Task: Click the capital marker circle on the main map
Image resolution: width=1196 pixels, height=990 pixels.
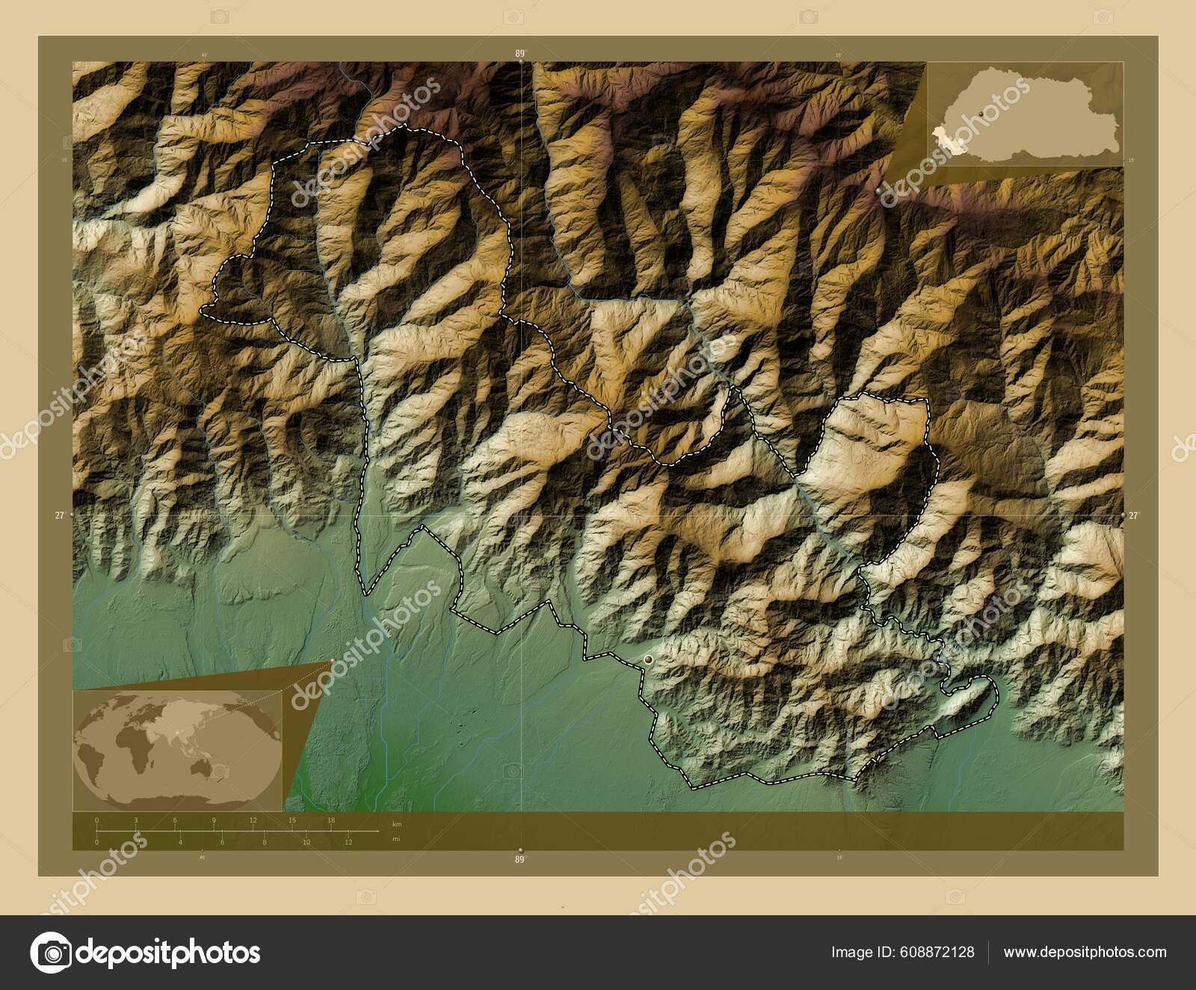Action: click(x=648, y=659)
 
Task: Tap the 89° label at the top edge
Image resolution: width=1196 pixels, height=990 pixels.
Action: click(x=520, y=53)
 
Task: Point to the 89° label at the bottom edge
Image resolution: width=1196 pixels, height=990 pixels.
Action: click(x=520, y=860)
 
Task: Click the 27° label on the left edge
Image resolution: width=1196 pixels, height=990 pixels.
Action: click(x=60, y=515)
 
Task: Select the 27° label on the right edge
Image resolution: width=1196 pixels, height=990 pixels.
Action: click(x=1133, y=515)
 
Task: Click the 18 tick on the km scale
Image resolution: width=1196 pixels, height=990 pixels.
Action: click(x=330, y=820)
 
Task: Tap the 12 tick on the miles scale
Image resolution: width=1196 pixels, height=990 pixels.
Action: click(x=348, y=842)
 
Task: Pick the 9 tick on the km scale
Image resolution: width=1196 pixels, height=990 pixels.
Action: click(x=214, y=820)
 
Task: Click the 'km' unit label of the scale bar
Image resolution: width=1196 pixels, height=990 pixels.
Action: click(x=397, y=823)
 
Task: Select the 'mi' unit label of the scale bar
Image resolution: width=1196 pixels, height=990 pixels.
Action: click(x=395, y=839)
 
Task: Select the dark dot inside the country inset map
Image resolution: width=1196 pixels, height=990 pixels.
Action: click(x=980, y=114)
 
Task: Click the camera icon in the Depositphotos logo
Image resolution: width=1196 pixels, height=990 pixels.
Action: click(x=50, y=953)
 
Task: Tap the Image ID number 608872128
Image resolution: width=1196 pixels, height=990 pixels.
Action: click(x=940, y=952)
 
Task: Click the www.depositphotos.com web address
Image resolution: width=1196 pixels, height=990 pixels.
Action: click(x=1085, y=952)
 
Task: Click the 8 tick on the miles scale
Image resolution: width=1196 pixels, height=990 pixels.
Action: click(x=265, y=842)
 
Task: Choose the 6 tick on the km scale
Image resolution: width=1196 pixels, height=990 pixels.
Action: click(x=175, y=820)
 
